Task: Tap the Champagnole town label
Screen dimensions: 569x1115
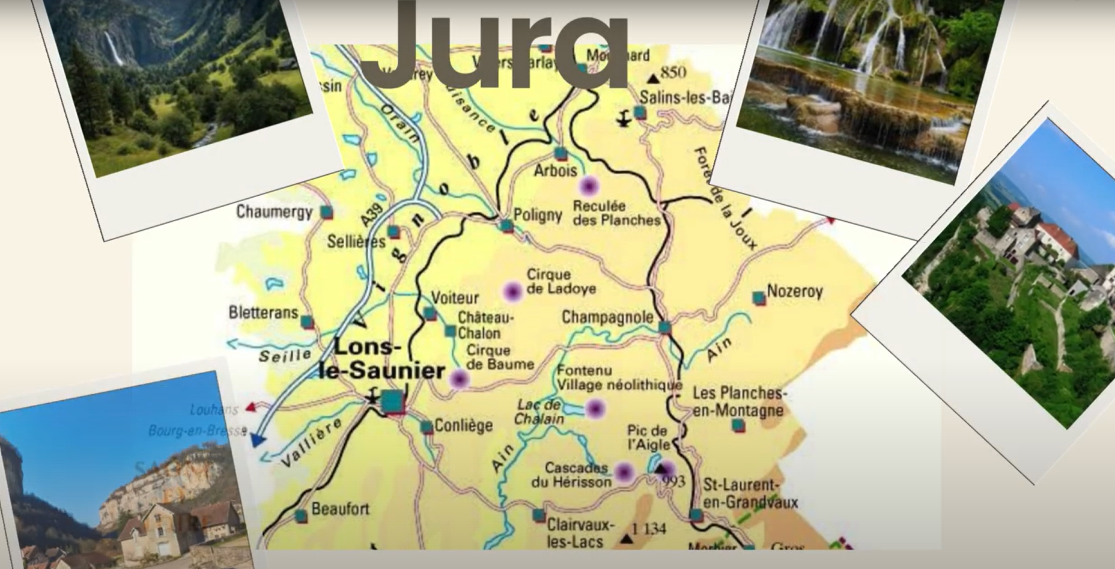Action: pyautogui.click(x=607, y=317)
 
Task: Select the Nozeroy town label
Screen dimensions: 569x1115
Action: pyautogui.click(x=795, y=292)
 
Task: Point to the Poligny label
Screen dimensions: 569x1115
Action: pyautogui.click(x=538, y=215)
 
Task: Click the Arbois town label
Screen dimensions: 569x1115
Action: pyautogui.click(x=555, y=171)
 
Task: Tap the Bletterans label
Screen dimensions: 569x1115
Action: pyautogui.click(x=263, y=312)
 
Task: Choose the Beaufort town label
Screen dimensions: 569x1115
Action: pyautogui.click(x=340, y=510)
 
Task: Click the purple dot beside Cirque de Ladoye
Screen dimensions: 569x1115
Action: pyautogui.click(x=512, y=291)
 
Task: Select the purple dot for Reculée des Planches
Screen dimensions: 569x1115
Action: pyautogui.click(x=588, y=186)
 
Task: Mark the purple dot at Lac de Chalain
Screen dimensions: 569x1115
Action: pyautogui.click(x=595, y=409)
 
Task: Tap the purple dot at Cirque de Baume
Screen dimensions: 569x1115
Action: pyautogui.click(x=459, y=379)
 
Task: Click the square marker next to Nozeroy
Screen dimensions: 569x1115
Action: pyautogui.click(x=759, y=297)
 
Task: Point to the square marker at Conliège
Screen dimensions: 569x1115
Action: pyautogui.click(x=427, y=427)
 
